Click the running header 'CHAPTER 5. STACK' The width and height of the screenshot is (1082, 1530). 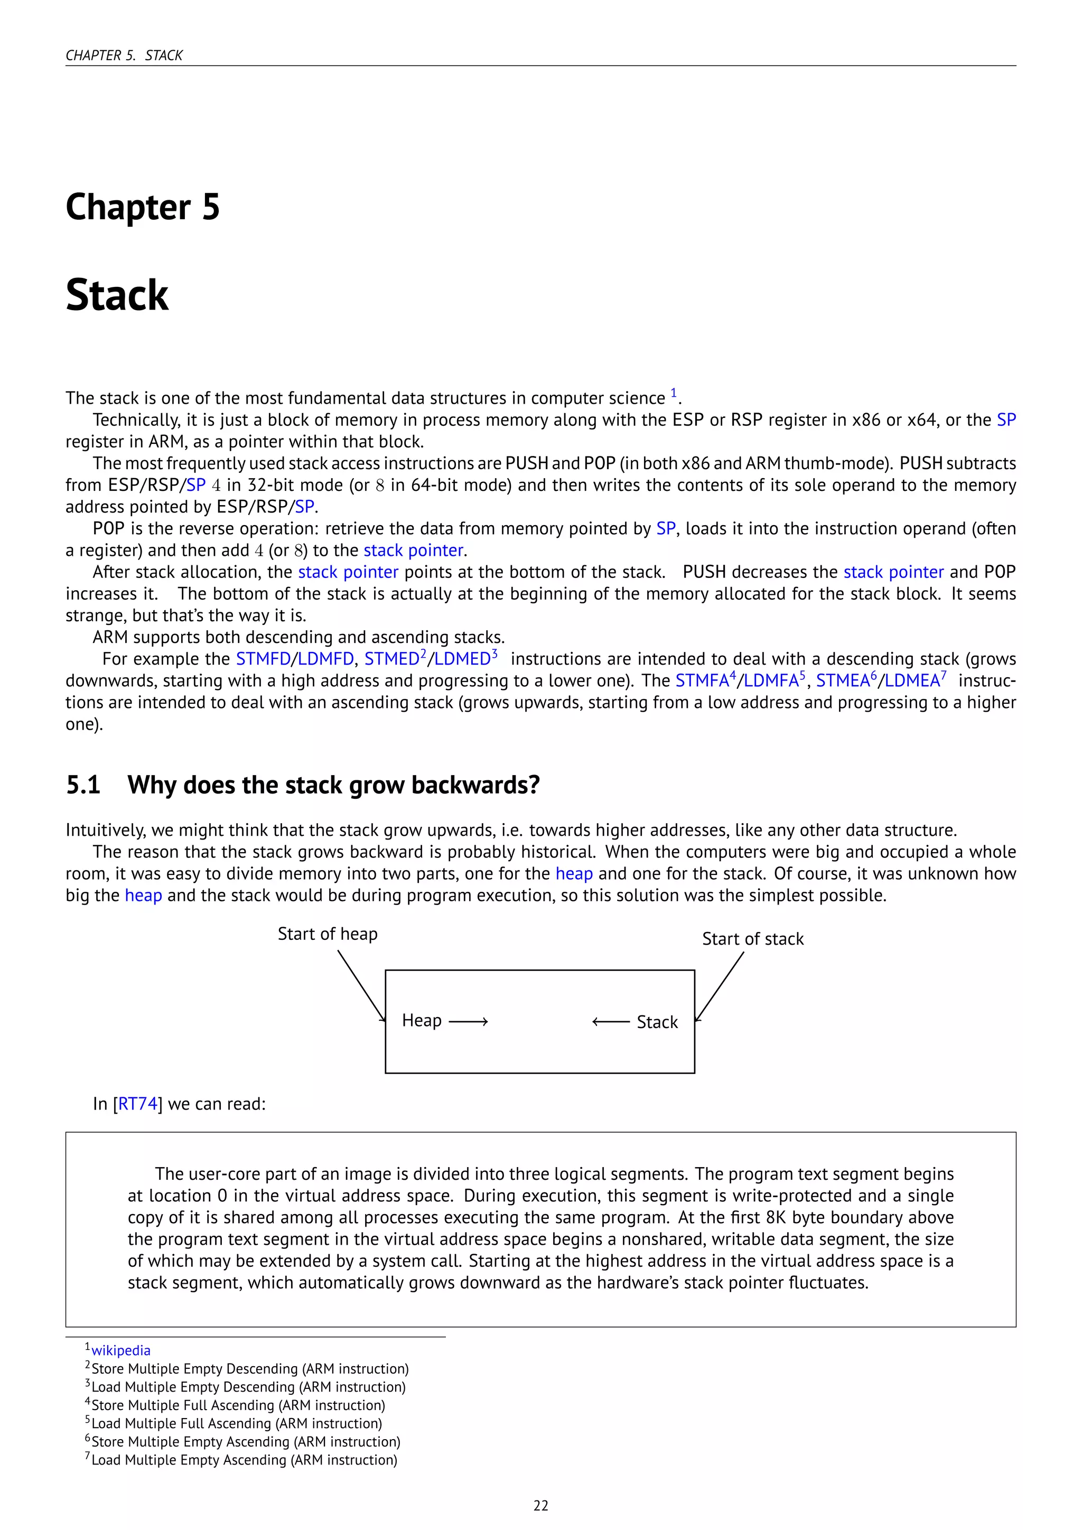point(124,55)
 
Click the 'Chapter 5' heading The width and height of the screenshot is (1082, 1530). point(143,207)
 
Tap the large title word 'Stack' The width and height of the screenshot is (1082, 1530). point(117,295)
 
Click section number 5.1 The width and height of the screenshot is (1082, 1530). point(83,785)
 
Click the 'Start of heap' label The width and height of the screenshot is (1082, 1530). point(327,934)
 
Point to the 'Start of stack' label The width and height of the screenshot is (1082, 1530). point(753,939)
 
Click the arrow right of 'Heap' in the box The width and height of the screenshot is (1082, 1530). point(469,1022)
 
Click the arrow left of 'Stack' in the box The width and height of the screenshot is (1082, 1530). point(610,1022)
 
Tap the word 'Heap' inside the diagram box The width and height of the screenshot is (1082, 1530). point(422,1021)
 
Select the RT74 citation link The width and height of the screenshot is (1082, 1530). point(138,1104)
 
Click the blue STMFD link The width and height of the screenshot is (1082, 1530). point(263,659)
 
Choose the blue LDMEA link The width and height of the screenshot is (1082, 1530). point(911,681)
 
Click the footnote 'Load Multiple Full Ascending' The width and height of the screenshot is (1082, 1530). point(237,1423)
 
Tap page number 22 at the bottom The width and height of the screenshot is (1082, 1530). point(540,1505)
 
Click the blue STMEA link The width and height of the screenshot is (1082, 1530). point(842,681)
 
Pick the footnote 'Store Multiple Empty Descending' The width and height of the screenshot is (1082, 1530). point(250,1369)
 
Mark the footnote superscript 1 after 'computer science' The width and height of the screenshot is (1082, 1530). point(674,393)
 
